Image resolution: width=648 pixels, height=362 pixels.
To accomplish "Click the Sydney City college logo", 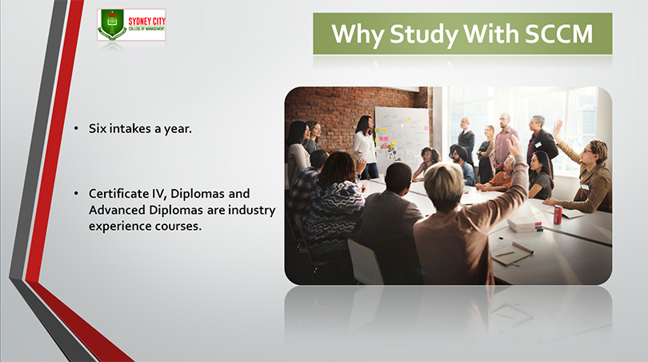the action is tap(131, 25).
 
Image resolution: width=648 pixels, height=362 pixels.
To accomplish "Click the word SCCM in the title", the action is tap(559, 34).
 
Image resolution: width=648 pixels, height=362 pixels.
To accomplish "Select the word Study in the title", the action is tap(423, 34).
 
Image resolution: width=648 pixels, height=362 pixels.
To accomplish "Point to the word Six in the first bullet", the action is tap(98, 129).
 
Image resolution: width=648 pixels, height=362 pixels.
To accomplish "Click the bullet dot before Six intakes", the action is tap(76, 129).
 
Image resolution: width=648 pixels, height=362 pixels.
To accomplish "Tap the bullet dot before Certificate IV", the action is tap(76, 193).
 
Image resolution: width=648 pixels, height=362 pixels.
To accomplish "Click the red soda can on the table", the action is tap(558, 215).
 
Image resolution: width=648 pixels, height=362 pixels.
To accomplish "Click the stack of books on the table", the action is tap(525, 224).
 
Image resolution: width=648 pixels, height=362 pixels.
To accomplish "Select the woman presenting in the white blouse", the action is tap(366, 147).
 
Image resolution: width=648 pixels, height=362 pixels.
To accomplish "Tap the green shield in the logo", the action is tap(112, 22).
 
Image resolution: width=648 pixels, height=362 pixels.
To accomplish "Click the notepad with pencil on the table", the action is tap(511, 252).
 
